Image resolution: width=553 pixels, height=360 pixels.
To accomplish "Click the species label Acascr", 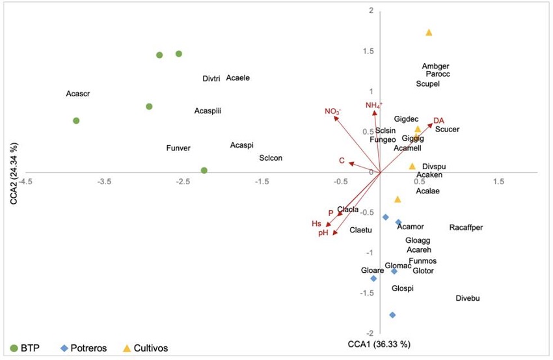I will (x=77, y=94).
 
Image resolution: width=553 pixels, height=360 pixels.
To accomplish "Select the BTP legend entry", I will (x=26, y=348).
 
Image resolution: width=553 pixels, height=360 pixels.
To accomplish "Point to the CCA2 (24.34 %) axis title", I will (x=14, y=171).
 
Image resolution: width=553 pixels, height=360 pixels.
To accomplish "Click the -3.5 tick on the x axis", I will (x=104, y=182).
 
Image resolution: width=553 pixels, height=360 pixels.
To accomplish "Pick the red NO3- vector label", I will (x=333, y=111).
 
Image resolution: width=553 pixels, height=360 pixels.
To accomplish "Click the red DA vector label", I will (x=439, y=120).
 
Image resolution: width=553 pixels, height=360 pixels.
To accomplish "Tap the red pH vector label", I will (x=323, y=232).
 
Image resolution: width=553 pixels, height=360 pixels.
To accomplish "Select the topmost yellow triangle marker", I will (x=429, y=32).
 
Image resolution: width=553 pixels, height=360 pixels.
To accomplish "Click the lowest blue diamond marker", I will (x=392, y=315).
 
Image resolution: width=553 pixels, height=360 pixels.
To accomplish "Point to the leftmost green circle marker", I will (x=76, y=120).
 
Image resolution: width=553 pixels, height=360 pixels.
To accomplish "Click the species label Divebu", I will (x=468, y=298).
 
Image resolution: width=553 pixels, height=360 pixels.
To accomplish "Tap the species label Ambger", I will (x=435, y=66).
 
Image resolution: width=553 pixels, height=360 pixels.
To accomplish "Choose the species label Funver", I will (x=178, y=148).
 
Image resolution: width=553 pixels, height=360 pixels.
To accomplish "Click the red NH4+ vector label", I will (x=374, y=105).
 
